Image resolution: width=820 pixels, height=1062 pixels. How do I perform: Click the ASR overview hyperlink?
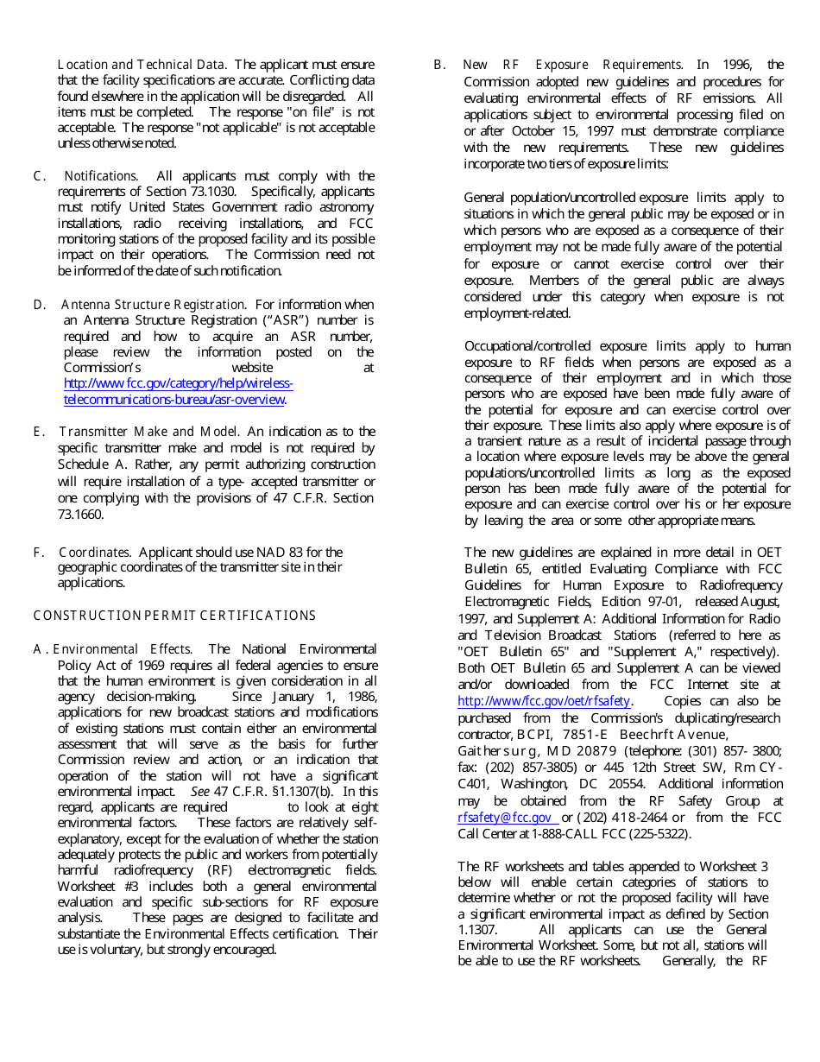pos(178,391)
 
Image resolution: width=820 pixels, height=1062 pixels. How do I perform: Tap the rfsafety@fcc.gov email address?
pos(506,818)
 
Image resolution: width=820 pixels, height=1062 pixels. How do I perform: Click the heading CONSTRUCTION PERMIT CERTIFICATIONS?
pos(174,616)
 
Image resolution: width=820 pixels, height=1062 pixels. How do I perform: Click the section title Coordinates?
pos(94,553)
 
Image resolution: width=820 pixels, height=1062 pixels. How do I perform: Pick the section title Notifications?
pos(100,176)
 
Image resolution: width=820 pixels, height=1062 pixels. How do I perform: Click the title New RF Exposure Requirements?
pos(572,65)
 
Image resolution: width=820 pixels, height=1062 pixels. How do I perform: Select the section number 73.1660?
pos(80,515)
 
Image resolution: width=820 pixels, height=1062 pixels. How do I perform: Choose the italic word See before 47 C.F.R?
pos(199,792)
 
